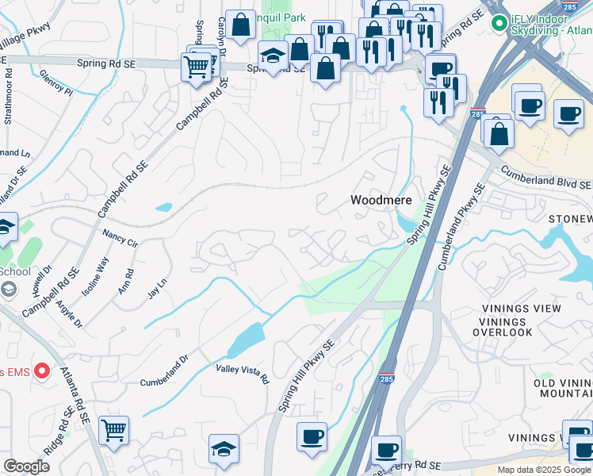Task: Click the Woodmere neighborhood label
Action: (x=381, y=201)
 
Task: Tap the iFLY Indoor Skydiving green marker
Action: (x=499, y=24)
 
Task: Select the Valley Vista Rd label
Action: (x=242, y=374)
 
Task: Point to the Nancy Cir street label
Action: (x=121, y=238)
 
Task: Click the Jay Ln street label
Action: (x=158, y=287)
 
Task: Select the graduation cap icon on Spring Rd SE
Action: (x=273, y=58)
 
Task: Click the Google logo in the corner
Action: (x=26, y=466)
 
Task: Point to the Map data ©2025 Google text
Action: (x=544, y=470)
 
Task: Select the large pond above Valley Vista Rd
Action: (x=246, y=341)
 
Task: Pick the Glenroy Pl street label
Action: (x=58, y=83)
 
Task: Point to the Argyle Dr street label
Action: (x=69, y=312)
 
